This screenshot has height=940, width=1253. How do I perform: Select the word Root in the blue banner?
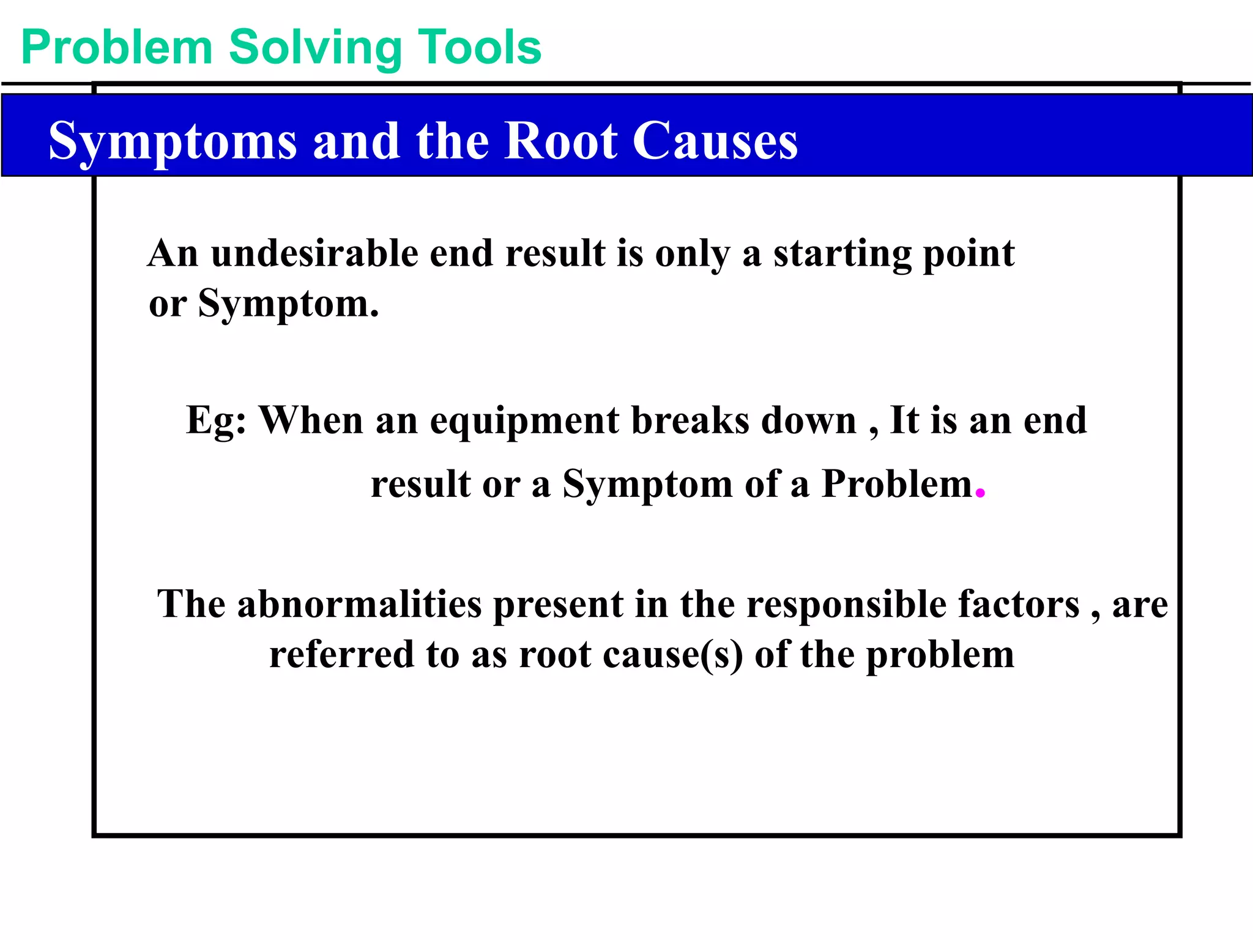[x=560, y=141]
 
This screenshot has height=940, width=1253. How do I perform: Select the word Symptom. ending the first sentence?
[x=288, y=304]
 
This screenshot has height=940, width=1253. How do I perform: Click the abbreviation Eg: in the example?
[x=216, y=421]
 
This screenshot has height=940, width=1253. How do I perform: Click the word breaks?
[x=690, y=420]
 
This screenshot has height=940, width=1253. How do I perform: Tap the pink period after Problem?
[x=980, y=493]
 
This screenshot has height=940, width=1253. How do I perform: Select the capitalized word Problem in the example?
[x=896, y=484]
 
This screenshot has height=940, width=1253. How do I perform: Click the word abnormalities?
[x=359, y=605]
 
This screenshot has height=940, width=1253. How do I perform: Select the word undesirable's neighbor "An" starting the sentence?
[x=173, y=253]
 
